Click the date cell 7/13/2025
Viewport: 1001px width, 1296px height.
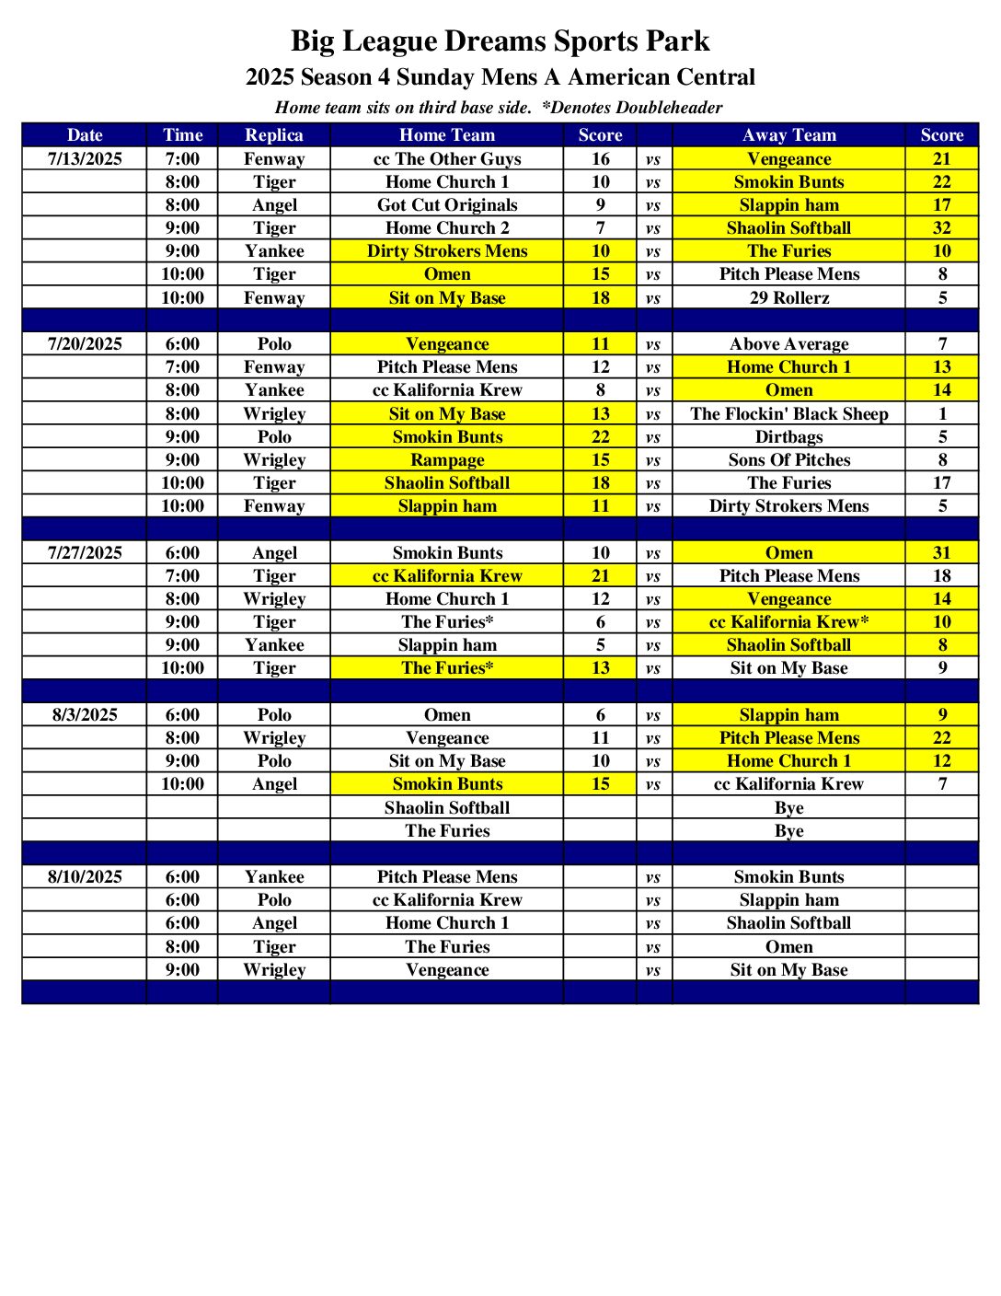click(x=85, y=158)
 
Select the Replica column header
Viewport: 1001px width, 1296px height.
click(x=274, y=134)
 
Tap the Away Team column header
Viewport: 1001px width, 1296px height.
click(x=788, y=134)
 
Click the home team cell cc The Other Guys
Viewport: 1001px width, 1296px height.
click(x=447, y=158)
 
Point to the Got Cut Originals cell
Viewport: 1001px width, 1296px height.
click(x=447, y=204)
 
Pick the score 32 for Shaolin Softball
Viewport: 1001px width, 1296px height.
click(x=941, y=227)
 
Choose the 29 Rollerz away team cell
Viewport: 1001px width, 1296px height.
click(x=788, y=297)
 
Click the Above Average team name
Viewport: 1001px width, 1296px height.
click(x=788, y=343)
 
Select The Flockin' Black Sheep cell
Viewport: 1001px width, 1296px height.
click(x=788, y=413)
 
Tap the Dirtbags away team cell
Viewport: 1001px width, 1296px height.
click(x=788, y=436)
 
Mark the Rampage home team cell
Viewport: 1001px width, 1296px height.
click(x=447, y=459)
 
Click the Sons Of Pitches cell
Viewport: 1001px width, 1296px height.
click(x=788, y=459)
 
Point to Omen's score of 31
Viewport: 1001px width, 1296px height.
click(x=941, y=552)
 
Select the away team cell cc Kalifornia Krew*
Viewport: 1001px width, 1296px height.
click(x=788, y=621)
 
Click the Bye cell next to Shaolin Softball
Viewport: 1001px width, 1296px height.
click(x=788, y=807)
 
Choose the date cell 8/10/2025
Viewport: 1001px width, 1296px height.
click(x=85, y=876)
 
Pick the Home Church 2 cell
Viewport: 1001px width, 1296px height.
click(x=447, y=227)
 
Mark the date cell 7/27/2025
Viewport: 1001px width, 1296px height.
click(x=85, y=552)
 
